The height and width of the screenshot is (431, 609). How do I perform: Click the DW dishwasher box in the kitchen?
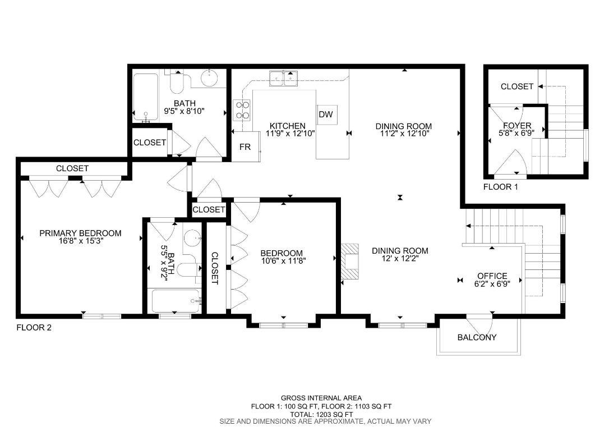[326, 114]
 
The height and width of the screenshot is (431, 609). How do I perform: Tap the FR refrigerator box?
[245, 147]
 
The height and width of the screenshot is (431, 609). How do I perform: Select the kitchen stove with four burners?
[242, 109]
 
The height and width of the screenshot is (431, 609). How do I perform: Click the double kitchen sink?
[283, 79]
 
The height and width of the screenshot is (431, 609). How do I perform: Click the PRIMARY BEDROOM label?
[80, 233]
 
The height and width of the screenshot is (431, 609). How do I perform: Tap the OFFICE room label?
[492, 276]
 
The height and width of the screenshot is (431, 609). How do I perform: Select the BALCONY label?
[477, 337]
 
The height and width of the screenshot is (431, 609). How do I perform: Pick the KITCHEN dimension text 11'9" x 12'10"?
[287, 134]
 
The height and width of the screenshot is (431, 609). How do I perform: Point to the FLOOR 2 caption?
[34, 328]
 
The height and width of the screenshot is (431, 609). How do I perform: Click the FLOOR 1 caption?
[501, 186]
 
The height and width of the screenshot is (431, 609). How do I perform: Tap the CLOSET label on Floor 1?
[516, 86]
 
